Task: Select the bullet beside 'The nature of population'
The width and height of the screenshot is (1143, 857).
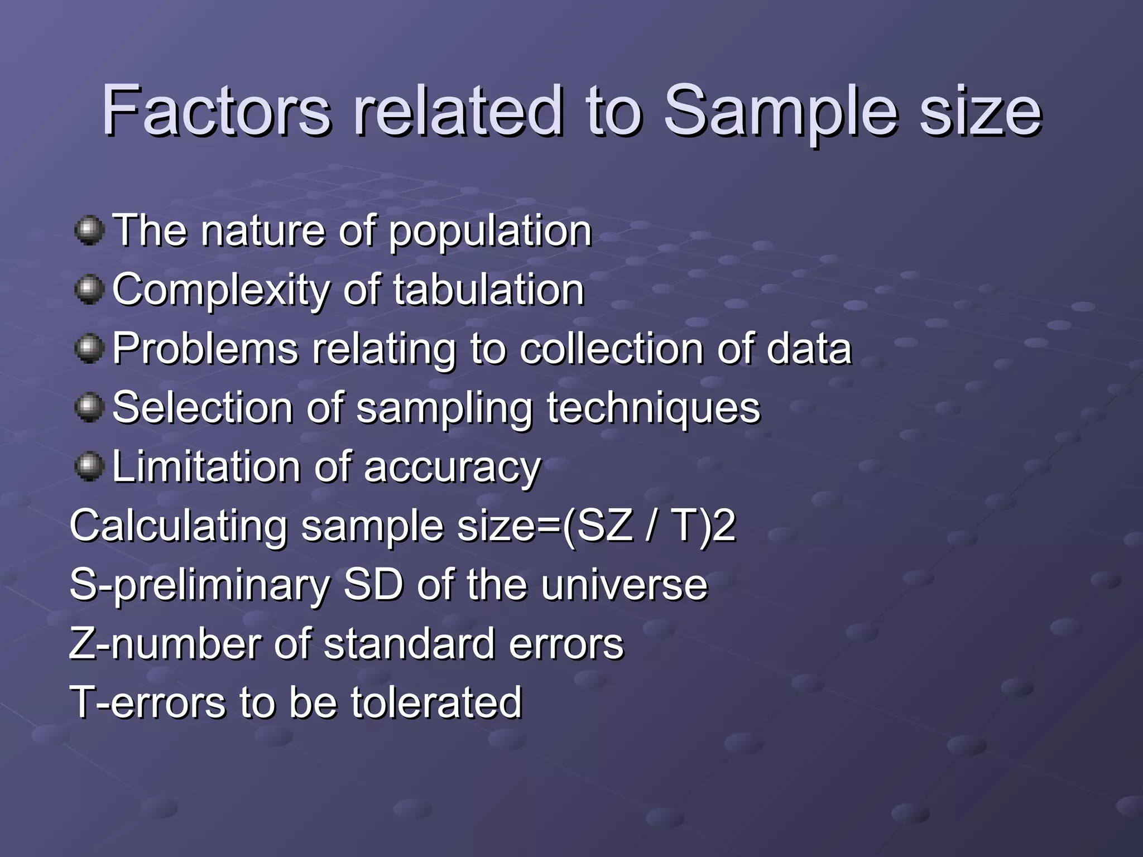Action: click(x=89, y=230)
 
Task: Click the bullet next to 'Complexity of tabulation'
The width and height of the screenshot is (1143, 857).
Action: click(x=89, y=290)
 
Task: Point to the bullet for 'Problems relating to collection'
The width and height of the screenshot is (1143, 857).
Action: click(x=89, y=349)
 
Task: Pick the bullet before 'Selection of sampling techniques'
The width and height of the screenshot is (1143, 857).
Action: click(x=89, y=407)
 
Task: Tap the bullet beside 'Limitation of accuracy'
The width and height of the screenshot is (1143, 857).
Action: click(x=89, y=466)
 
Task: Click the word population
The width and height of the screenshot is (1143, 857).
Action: click(x=490, y=232)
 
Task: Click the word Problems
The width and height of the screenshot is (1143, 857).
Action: click(x=205, y=349)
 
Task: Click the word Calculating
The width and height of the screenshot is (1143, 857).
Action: click(x=178, y=526)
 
